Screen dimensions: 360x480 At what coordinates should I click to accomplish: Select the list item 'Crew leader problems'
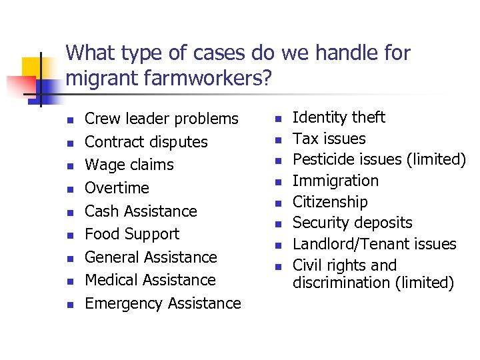click(161, 119)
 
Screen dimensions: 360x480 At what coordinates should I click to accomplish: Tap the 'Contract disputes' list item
click(146, 142)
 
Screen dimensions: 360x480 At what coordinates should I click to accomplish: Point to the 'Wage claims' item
click(129, 165)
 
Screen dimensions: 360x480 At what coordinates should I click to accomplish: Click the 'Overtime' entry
click(117, 188)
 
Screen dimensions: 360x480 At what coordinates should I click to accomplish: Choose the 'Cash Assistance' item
click(141, 211)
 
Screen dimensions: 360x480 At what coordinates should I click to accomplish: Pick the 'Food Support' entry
click(132, 234)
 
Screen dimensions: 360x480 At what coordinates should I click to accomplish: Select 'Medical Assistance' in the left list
click(150, 280)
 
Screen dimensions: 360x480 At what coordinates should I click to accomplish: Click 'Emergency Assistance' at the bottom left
click(163, 303)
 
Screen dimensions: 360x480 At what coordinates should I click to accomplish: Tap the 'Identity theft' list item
click(339, 117)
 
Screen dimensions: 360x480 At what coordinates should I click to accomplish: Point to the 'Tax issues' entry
click(329, 139)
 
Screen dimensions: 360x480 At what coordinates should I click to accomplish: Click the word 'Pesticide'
click(323, 159)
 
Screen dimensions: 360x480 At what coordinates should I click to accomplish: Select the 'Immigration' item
click(335, 181)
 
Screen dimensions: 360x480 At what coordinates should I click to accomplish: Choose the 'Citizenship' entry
click(330, 202)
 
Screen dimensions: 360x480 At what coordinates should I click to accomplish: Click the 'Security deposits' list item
click(353, 223)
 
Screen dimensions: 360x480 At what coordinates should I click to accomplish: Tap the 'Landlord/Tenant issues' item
click(375, 244)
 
